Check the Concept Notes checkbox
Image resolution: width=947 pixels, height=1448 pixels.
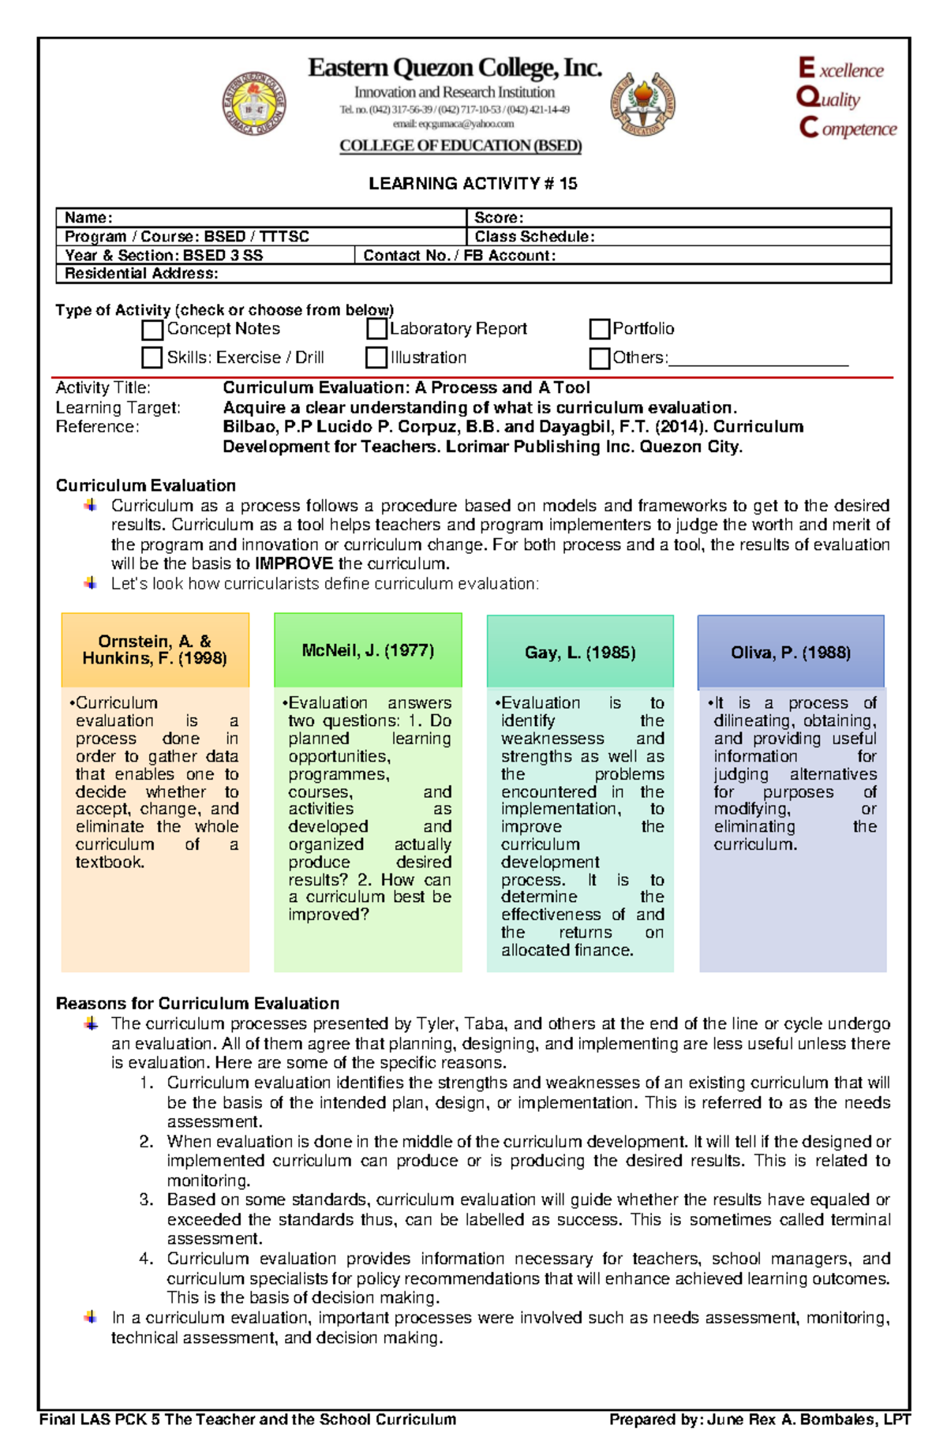click(152, 329)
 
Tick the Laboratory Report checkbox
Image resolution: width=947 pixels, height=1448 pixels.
click(376, 328)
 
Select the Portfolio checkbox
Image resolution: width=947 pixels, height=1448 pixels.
click(600, 328)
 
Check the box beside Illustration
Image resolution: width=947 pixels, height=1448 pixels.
click(376, 357)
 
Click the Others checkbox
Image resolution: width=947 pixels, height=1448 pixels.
click(600, 358)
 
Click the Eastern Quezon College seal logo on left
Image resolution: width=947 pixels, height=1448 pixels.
click(253, 104)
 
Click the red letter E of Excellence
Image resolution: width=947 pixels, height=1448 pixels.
click(806, 68)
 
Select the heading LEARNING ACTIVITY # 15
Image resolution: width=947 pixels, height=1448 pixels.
click(473, 184)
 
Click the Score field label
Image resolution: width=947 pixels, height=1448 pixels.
click(499, 218)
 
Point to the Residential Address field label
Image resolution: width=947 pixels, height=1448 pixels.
click(141, 274)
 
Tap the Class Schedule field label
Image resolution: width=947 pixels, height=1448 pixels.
click(534, 237)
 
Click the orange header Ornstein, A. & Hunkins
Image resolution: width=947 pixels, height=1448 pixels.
click(155, 650)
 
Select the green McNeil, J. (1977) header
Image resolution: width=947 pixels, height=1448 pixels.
click(368, 651)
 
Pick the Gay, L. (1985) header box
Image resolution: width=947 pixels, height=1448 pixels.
click(580, 653)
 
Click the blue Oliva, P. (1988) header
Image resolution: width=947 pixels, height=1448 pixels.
click(791, 653)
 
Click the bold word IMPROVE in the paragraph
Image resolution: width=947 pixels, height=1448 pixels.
click(294, 564)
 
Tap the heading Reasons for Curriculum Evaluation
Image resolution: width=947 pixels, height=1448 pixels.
click(197, 1004)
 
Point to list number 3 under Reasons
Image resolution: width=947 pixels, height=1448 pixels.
click(146, 1200)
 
